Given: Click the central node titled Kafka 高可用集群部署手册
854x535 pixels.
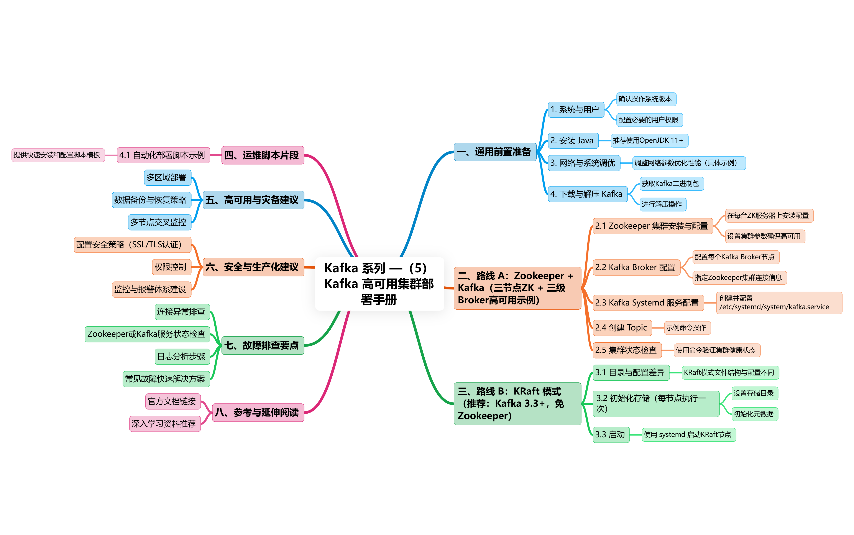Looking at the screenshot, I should click(379, 284).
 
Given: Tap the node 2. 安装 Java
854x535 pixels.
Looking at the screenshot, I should click(573, 140).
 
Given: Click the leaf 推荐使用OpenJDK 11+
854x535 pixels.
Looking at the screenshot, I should click(649, 140).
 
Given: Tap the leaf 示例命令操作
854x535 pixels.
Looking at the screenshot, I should click(686, 328).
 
